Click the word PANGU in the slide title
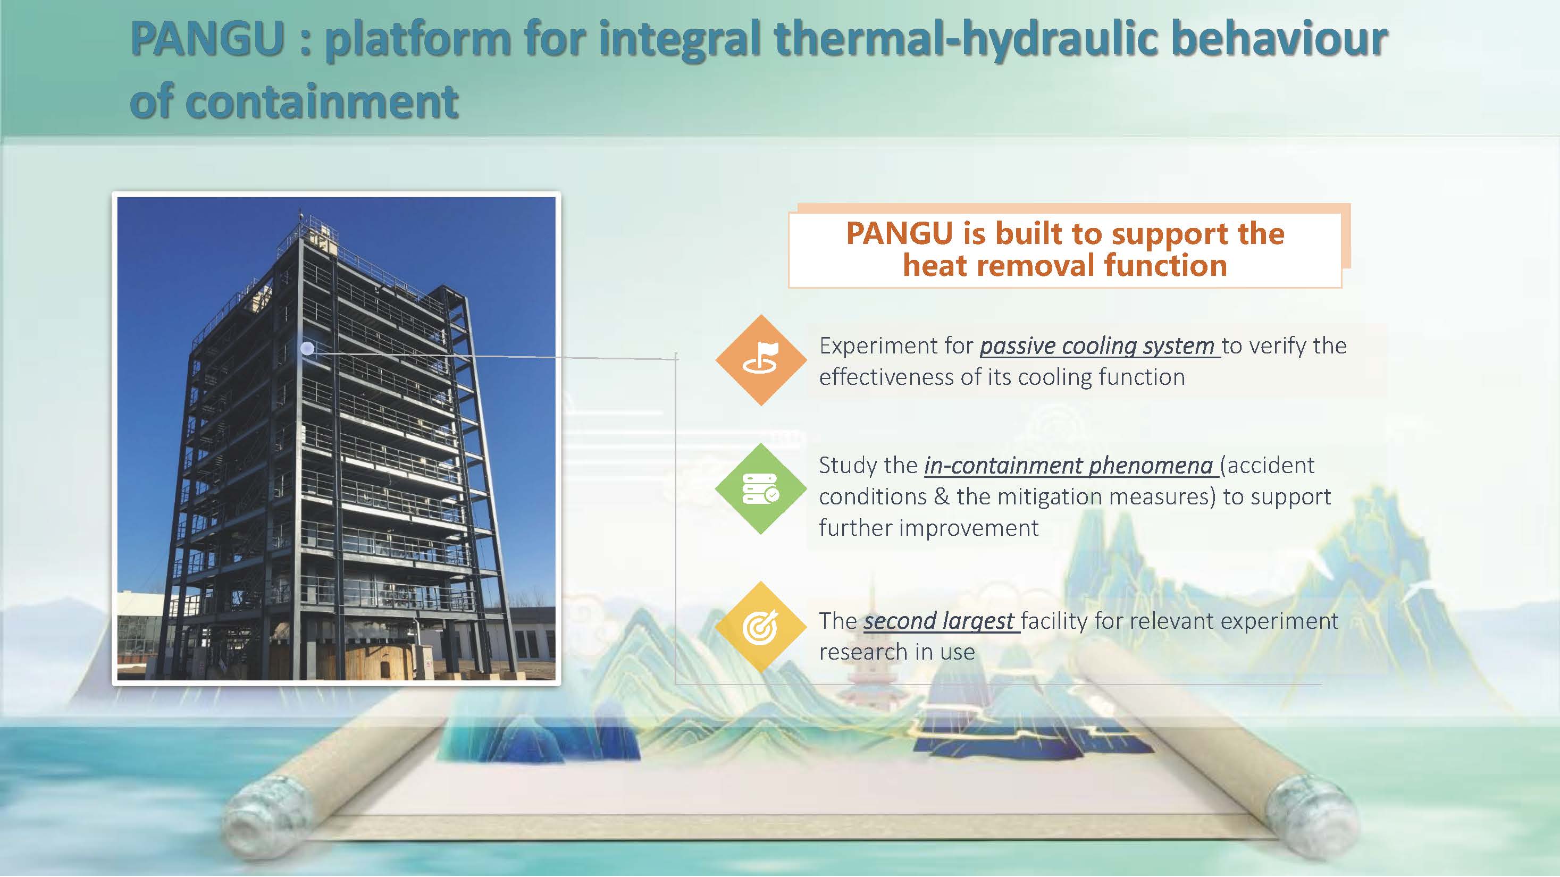(208, 39)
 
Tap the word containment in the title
(321, 102)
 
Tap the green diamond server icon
(761, 488)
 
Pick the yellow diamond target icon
(761, 627)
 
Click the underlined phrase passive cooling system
(1097, 346)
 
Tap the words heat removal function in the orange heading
(1064, 266)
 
